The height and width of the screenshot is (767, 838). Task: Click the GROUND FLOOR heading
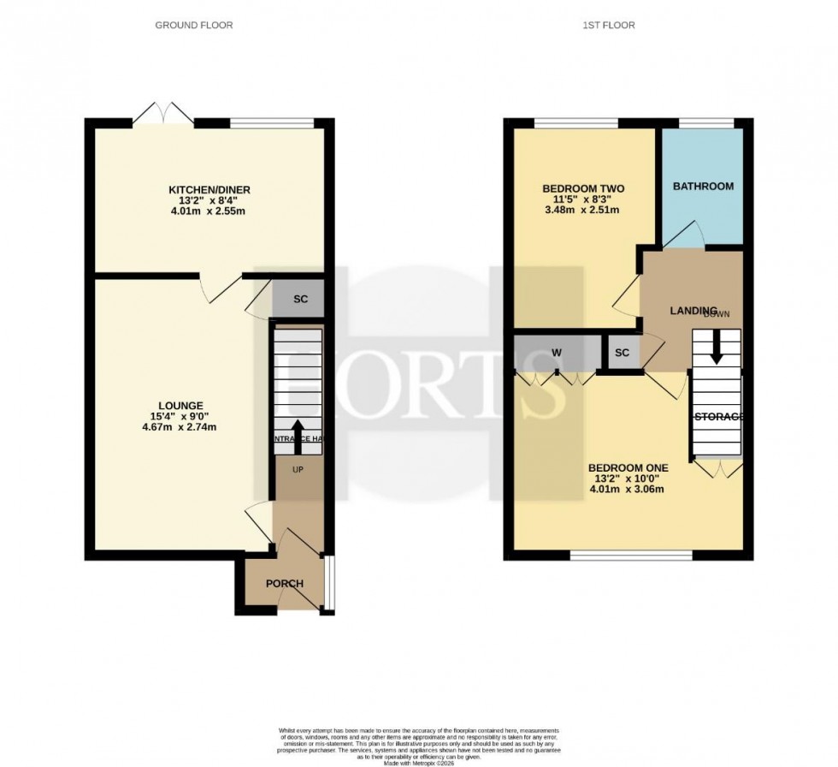click(193, 25)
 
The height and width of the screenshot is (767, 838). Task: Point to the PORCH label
click(285, 584)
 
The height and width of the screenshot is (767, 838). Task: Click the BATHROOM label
click(703, 186)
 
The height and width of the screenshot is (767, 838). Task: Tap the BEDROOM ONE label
click(628, 467)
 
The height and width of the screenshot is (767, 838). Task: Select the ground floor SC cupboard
click(300, 299)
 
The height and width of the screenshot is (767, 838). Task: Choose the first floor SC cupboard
click(622, 352)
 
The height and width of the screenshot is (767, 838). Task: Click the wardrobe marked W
click(556, 352)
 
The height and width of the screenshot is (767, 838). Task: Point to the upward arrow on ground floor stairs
click(298, 431)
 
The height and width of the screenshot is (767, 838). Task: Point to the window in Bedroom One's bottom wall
click(630, 556)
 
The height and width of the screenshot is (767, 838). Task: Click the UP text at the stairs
click(298, 470)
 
